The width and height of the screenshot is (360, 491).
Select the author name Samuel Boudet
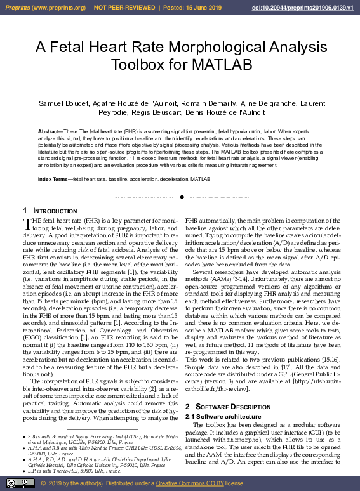coord(62,103)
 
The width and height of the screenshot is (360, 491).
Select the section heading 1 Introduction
coord(46,211)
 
